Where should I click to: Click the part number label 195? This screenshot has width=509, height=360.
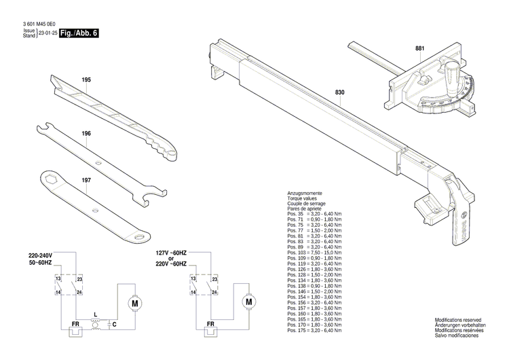point(86,80)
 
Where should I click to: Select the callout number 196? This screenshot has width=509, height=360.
point(86,134)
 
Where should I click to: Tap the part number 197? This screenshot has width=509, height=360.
point(86,181)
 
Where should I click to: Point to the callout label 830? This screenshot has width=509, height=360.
point(339,92)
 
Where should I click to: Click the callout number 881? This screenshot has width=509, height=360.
point(420,48)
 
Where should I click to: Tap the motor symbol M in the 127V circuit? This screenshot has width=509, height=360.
point(248,302)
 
